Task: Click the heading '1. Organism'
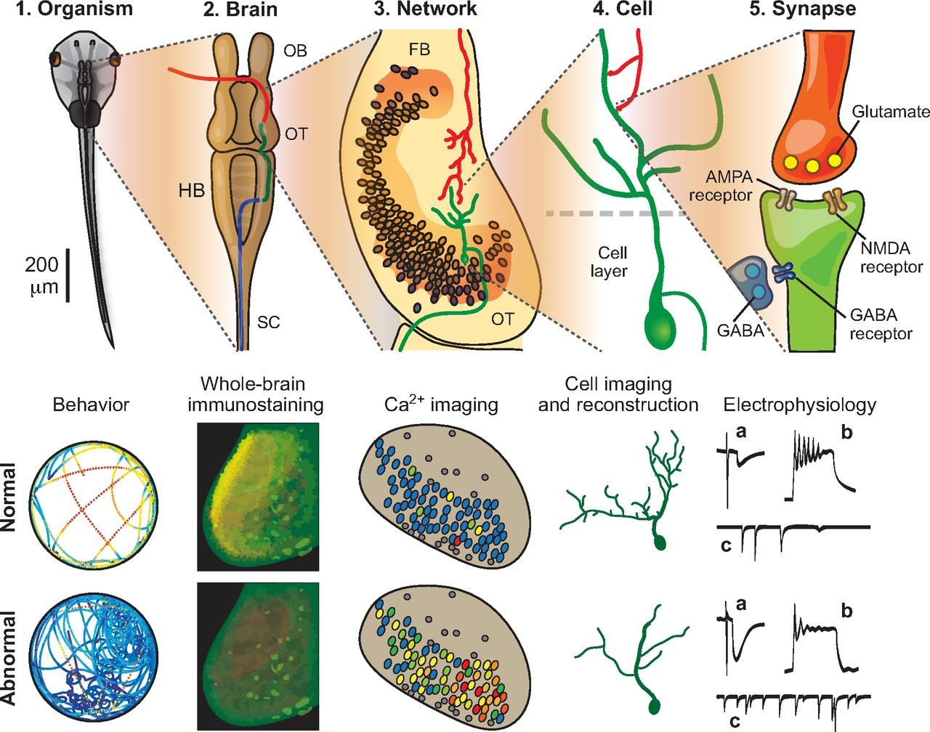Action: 76,9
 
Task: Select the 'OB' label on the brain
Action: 296,51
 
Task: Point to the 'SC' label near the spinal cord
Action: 268,322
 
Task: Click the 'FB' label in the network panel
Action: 419,49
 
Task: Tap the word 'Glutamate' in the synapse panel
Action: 891,112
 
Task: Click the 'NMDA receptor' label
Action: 891,258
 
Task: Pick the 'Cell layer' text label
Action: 612,262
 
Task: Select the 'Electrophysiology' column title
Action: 799,404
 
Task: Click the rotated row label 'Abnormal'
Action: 9,658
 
